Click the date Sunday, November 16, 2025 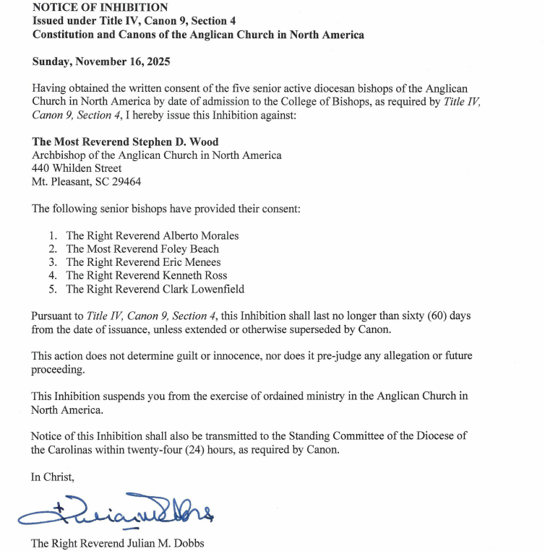tap(101, 62)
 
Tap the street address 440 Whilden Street tap(77, 168)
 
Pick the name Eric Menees tap(192, 262)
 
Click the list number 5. tap(52, 289)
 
